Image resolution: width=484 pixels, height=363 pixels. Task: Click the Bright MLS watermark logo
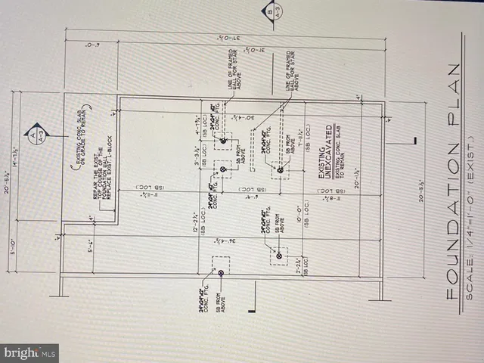(29, 352)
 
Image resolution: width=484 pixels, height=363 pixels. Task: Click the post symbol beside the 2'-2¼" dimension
(279, 256)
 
